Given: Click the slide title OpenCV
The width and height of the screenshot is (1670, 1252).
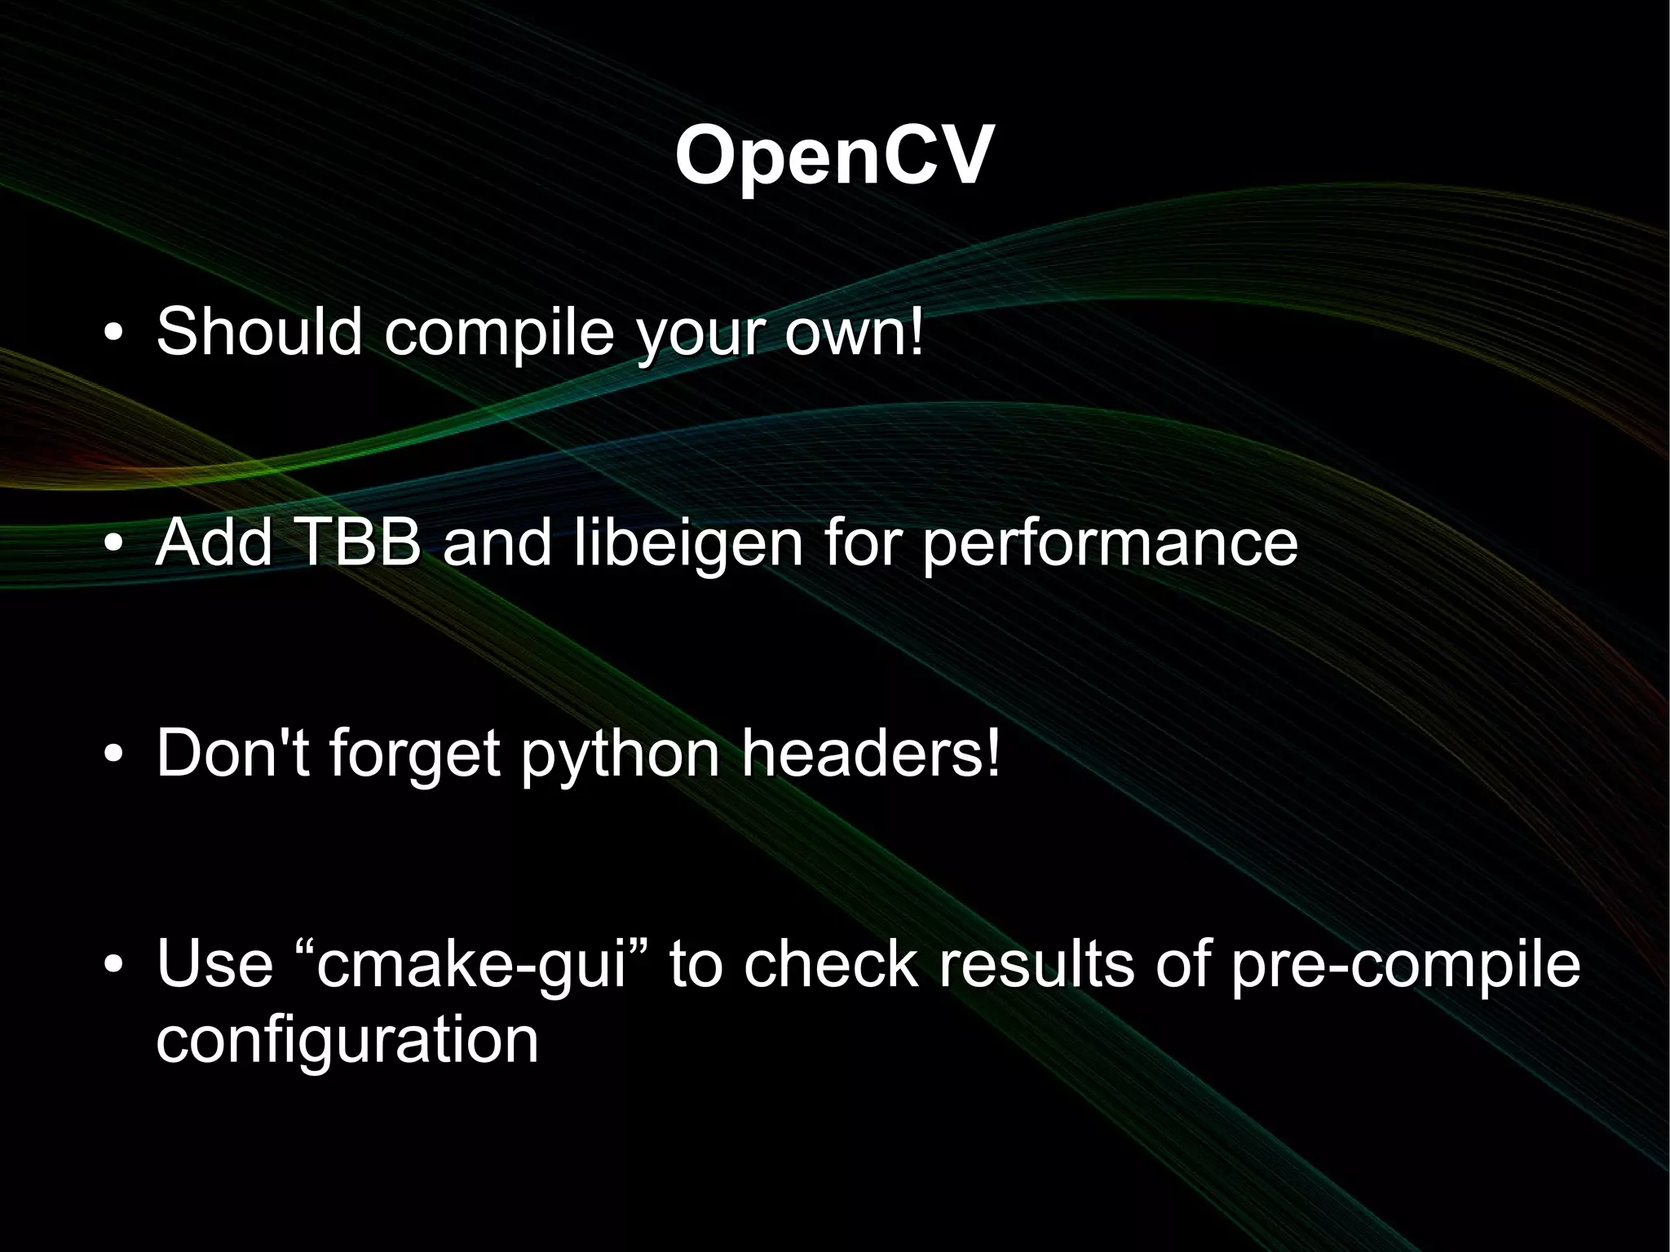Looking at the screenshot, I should [833, 157].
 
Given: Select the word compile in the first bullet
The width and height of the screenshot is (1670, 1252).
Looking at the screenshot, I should [499, 333].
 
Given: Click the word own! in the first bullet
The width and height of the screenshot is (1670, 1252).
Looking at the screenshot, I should [855, 333].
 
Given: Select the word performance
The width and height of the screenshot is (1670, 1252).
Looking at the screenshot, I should [1110, 545].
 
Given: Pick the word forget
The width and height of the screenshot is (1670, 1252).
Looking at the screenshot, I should [414, 755].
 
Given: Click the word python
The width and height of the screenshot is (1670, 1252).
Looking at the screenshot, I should [621, 755].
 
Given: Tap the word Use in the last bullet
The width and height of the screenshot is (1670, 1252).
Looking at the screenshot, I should [214, 963].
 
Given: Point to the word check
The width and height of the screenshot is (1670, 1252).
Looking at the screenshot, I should [831, 963].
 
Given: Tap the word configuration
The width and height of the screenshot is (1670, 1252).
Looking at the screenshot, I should [347, 1041].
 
